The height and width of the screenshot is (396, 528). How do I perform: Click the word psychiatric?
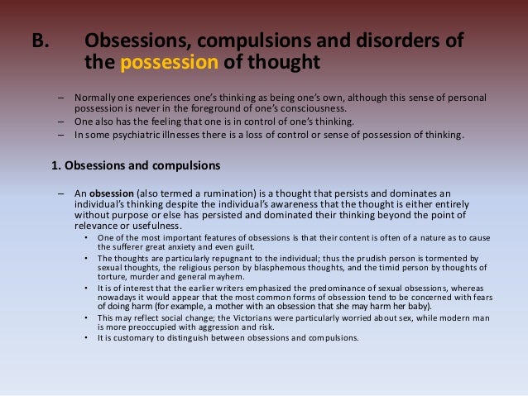click(135, 136)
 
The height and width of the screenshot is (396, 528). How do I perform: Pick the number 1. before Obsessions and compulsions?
click(56, 165)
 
